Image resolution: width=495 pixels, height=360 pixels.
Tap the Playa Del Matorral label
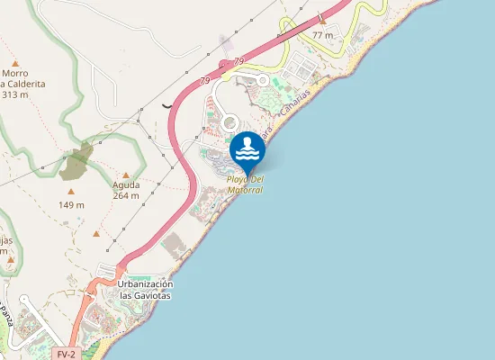click(x=245, y=184)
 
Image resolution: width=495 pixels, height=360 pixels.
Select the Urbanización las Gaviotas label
click(x=144, y=289)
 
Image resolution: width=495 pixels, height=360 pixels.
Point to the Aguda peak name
click(x=126, y=185)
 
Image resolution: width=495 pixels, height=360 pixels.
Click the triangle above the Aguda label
click(x=126, y=175)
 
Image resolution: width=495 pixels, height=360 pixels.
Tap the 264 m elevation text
click(x=126, y=195)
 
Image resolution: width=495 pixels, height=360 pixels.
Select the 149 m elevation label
click(x=71, y=204)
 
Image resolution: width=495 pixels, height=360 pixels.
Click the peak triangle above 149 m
click(x=71, y=192)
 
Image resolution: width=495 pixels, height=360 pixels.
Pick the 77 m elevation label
click(x=322, y=35)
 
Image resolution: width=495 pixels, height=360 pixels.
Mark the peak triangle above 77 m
click(x=322, y=22)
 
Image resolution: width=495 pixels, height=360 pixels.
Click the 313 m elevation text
click(x=14, y=94)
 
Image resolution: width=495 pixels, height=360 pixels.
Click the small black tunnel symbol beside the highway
click(x=167, y=104)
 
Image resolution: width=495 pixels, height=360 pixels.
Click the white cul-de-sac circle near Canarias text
click(x=263, y=79)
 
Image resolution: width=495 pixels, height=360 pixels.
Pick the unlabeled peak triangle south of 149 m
click(x=96, y=234)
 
